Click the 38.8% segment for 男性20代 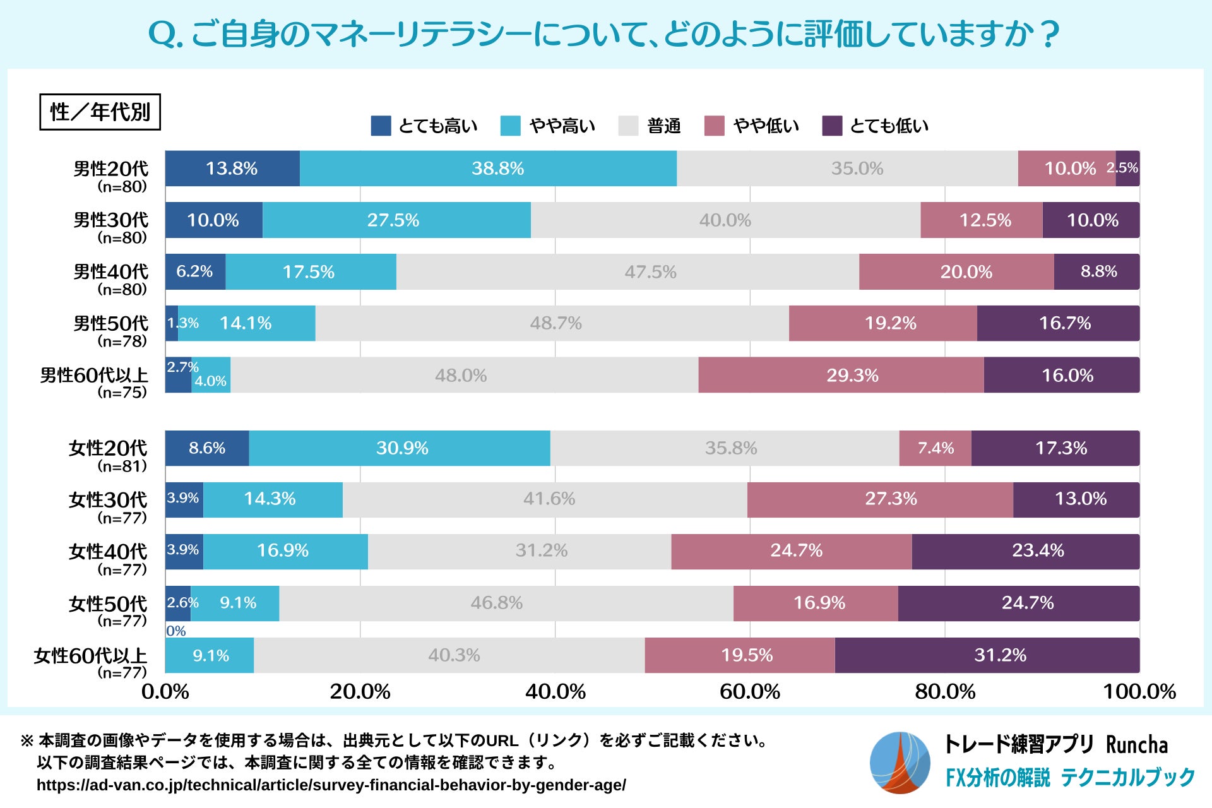pos(488,169)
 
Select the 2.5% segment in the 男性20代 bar pos(1127,169)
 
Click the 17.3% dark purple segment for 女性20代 pos(1055,448)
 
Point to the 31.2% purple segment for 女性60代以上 pos(987,655)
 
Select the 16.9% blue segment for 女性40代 pos(285,551)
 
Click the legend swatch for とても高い pos(381,126)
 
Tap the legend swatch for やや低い pos(714,126)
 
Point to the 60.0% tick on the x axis pos(750,692)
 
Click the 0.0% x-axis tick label pos(165,692)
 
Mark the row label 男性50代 pos(111,323)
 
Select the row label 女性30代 pos(108,500)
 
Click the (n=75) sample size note pos(122,393)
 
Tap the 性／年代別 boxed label pos(100,112)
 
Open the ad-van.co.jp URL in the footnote pos(331,785)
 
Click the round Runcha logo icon pos(900,763)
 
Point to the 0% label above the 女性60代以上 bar pos(176,631)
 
